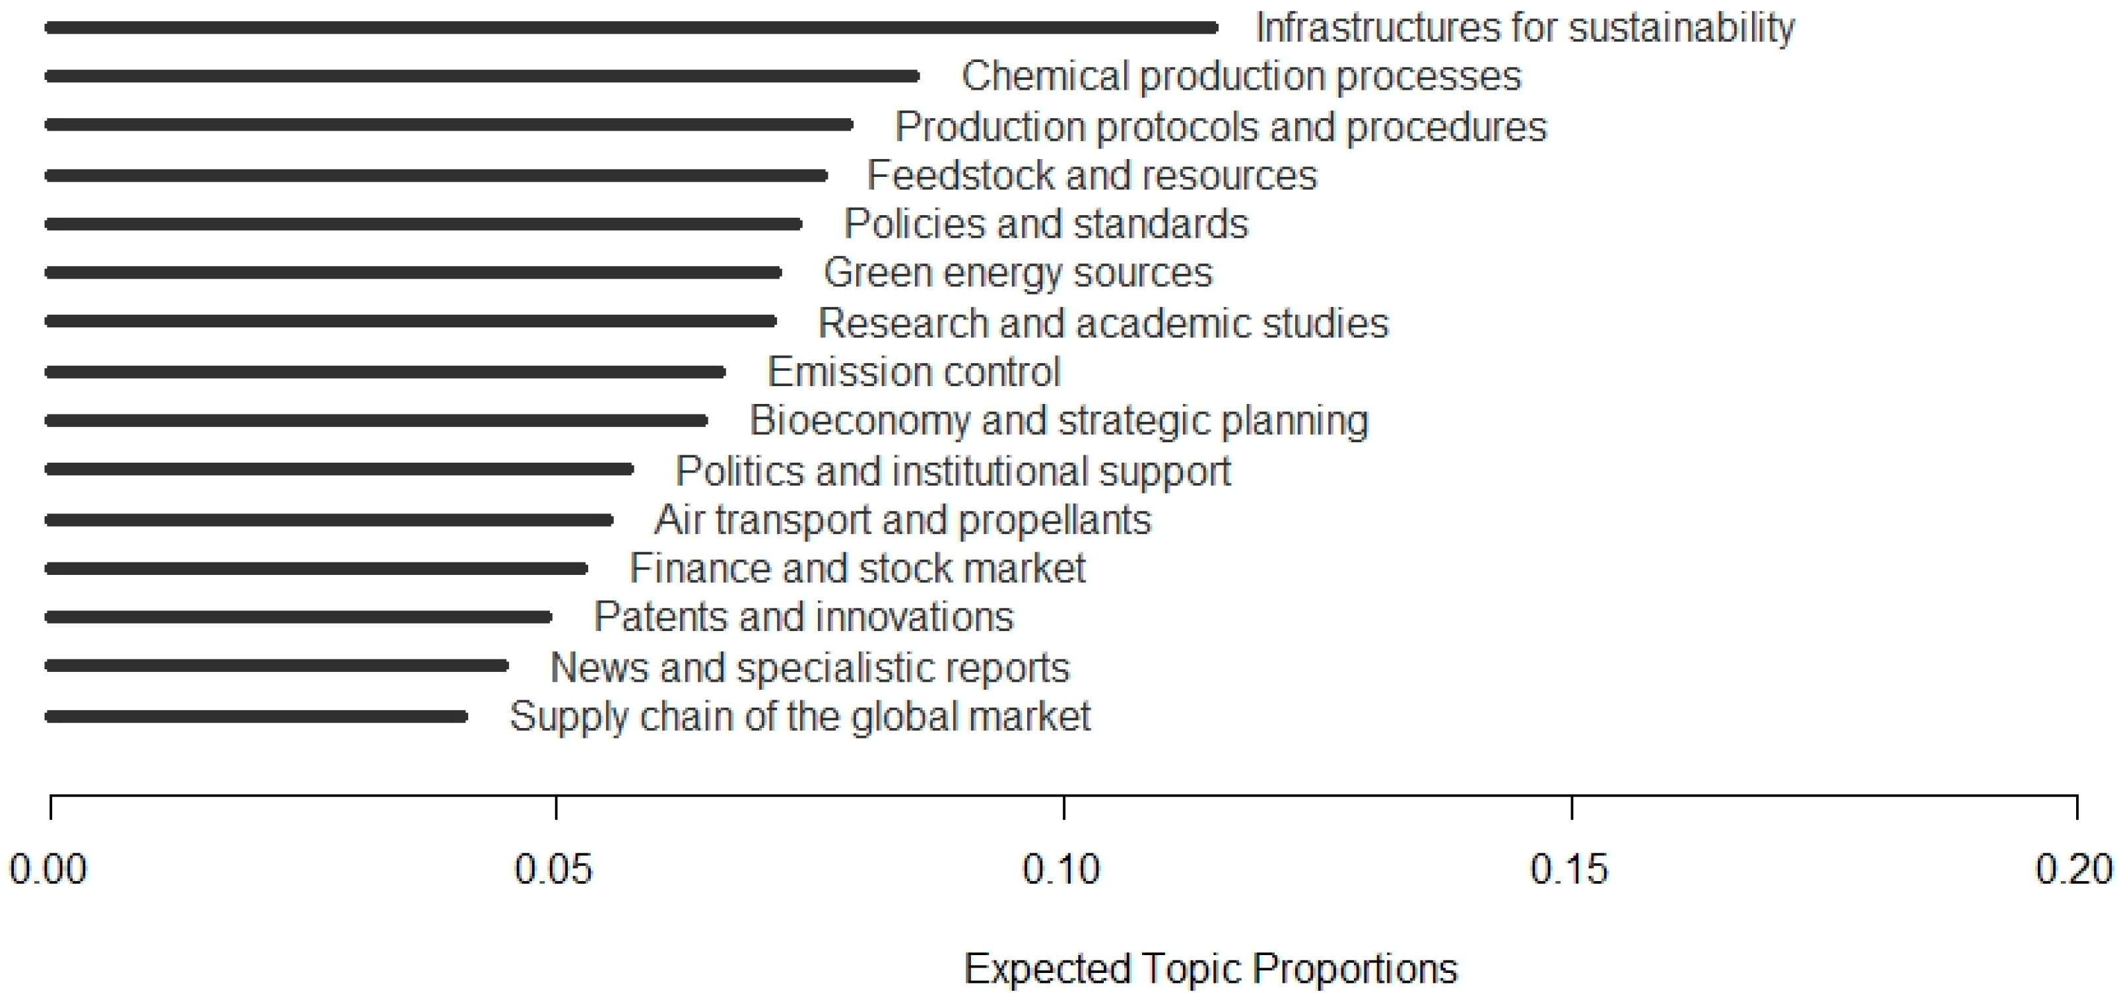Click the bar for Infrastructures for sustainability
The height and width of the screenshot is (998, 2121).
630,28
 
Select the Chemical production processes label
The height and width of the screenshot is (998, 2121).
1241,77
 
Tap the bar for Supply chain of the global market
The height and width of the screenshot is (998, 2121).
256,716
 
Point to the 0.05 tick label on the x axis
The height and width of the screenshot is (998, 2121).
553,869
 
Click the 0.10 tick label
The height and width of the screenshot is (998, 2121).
1061,869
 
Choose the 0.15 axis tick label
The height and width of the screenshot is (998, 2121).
1568,869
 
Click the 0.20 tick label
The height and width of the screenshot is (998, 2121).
2074,869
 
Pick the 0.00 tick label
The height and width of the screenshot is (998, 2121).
48,869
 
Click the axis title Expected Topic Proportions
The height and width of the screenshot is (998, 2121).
1211,969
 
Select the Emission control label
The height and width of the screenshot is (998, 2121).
914,372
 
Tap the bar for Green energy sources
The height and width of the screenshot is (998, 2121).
413,273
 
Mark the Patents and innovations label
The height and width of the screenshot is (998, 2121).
803,616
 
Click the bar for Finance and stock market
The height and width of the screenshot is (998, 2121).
316,568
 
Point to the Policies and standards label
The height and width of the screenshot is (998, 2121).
1046,224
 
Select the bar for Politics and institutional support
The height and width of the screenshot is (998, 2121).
339,469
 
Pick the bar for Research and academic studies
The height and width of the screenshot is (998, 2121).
411,321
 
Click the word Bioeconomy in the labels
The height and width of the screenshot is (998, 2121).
859,420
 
